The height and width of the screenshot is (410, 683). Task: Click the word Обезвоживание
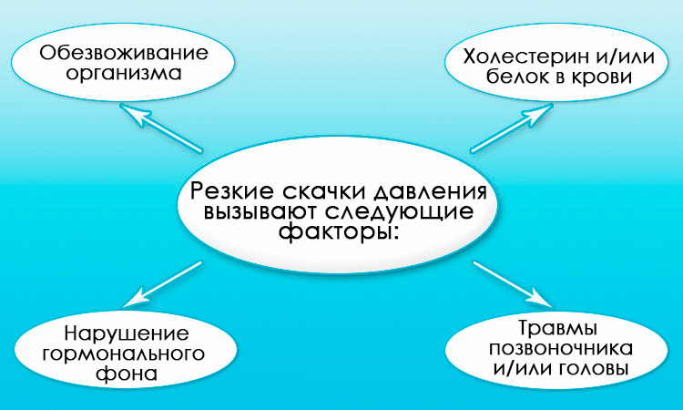(x=124, y=53)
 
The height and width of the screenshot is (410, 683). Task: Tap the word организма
(x=124, y=74)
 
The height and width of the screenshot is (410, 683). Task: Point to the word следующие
(x=401, y=212)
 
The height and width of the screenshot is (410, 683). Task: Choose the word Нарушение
(x=127, y=334)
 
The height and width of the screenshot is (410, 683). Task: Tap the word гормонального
(x=124, y=354)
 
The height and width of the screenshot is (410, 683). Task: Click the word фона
(x=127, y=374)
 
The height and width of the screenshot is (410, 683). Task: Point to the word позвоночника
(x=561, y=349)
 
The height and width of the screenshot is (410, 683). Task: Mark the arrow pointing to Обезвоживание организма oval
(x=160, y=128)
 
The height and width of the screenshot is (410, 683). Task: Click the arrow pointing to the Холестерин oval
(x=512, y=128)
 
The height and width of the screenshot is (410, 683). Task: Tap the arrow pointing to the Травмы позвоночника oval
(x=512, y=285)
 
